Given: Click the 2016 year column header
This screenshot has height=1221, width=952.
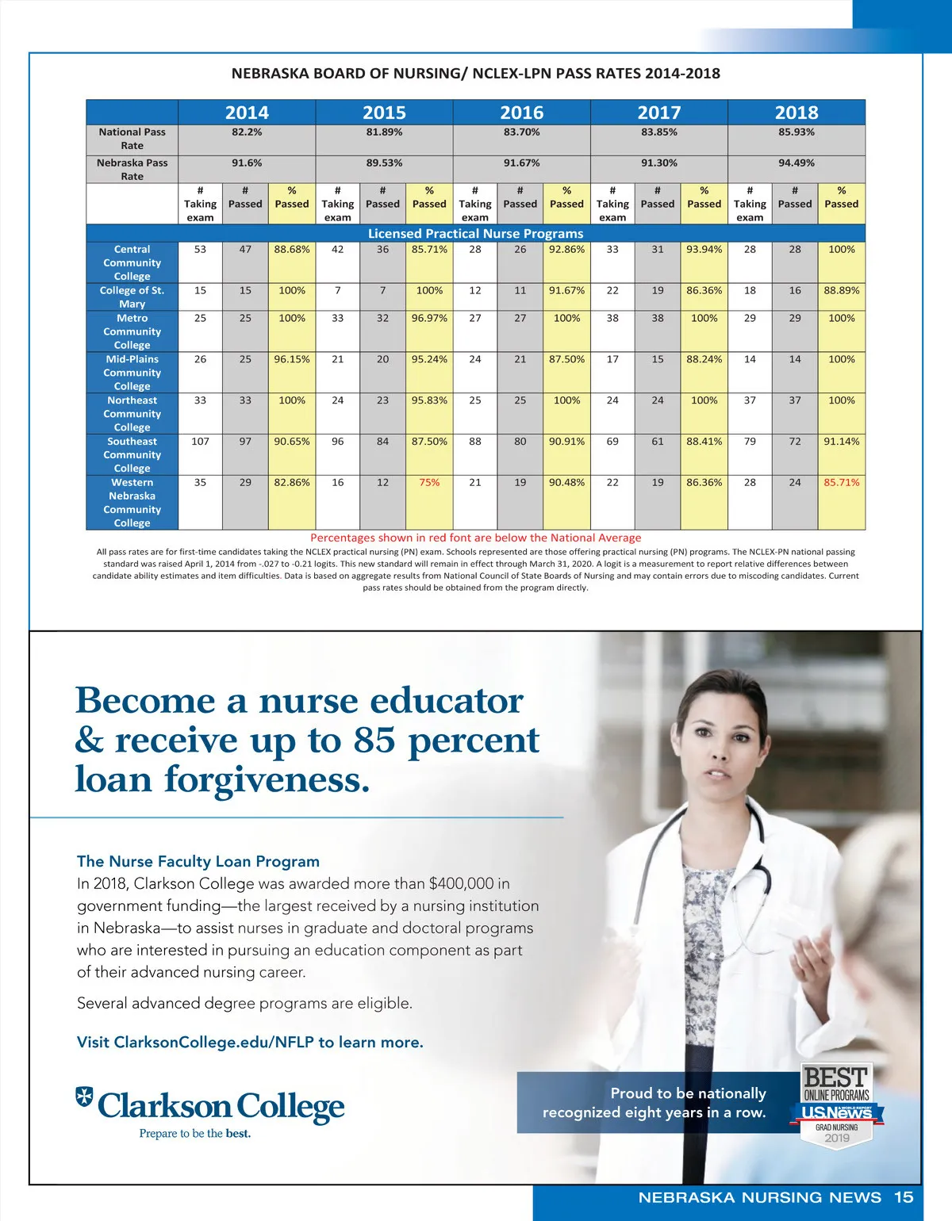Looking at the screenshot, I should click(x=521, y=113).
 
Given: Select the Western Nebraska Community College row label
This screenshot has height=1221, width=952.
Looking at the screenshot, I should click(x=132, y=503).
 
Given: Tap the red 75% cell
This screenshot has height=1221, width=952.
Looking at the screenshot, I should click(x=429, y=482).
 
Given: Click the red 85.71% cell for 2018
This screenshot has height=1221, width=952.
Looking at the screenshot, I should click(x=841, y=482).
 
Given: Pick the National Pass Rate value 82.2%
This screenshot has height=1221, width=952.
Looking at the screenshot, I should click(x=247, y=132).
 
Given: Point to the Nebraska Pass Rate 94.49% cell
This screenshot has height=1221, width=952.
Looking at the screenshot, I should click(x=797, y=163).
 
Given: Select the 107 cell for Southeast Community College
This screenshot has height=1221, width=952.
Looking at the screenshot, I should click(x=200, y=442).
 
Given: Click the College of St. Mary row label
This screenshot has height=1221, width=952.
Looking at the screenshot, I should click(x=132, y=297).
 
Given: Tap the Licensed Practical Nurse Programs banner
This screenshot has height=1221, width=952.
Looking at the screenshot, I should click(x=475, y=234).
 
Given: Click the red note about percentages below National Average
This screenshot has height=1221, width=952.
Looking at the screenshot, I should click(x=475, y=538).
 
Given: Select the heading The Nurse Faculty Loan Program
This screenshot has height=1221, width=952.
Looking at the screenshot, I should click(x=198, y=861).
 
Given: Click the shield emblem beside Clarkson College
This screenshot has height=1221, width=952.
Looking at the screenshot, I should click(x=84, y=1097).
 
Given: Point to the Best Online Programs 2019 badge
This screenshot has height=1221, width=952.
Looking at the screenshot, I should click(x=837, y=1104).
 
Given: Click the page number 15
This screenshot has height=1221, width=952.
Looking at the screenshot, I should click(x=904, y=1197).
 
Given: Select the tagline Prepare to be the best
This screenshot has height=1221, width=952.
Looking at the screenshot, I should click(x=195, y=1134).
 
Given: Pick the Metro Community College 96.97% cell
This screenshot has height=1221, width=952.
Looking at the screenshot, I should click(x=429, y=319).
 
